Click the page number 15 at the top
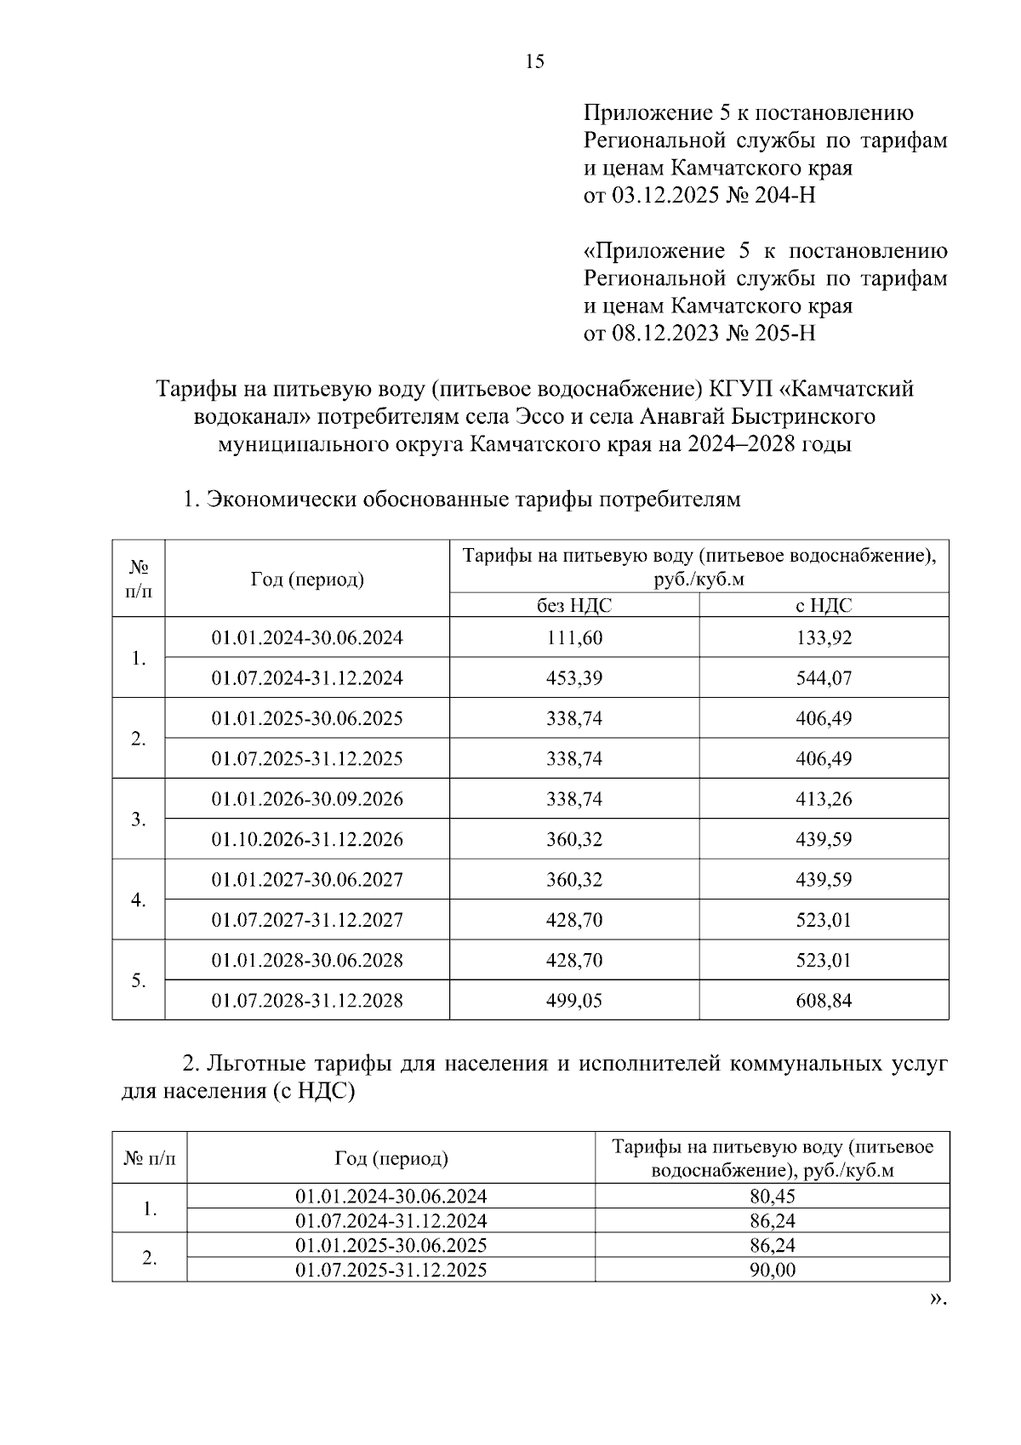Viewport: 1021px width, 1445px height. click(535, 61)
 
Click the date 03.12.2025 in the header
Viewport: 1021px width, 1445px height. click(665, 196)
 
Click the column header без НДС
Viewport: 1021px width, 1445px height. click(573, 605)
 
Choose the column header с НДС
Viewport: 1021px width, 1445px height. click(824, 605)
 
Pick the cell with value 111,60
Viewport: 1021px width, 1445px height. click(573, 637)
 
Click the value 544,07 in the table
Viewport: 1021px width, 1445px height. click(824, 678)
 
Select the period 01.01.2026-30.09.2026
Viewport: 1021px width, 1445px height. click(307, 799)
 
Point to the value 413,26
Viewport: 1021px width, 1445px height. click(824, 799)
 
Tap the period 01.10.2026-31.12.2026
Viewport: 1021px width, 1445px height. click(307, 839)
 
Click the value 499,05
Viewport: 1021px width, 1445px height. click(573, 1001)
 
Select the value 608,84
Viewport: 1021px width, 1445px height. click(824, 1001)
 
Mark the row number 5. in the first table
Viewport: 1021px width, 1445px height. click(139, 980)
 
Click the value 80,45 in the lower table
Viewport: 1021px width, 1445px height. click(772, 1197)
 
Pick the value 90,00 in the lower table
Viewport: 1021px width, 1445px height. click(772, 1271)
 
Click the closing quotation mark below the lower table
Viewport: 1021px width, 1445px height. click(937, 1299)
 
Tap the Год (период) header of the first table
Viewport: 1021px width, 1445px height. click(307, 580)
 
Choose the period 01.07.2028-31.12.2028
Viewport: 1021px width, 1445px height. click(307, 1001)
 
